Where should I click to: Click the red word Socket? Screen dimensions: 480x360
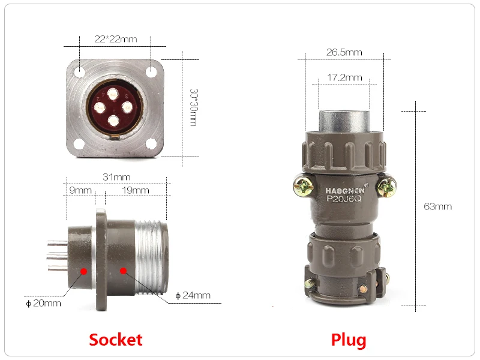pos(116,340)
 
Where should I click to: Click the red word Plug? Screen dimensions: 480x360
pos(349,340)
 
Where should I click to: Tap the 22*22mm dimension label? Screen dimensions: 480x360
pos(115,39)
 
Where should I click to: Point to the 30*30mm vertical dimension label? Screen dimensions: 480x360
pos(194,107)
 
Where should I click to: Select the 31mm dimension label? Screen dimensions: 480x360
pos(116,177)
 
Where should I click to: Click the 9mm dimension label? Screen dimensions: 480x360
pos(80,190)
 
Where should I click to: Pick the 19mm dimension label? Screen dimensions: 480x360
pos(136,190)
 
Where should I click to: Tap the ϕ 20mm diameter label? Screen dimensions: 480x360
pos(43,303)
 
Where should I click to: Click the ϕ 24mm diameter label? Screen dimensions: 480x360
pos(193,295)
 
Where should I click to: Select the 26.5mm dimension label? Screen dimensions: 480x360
pos(344,52)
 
